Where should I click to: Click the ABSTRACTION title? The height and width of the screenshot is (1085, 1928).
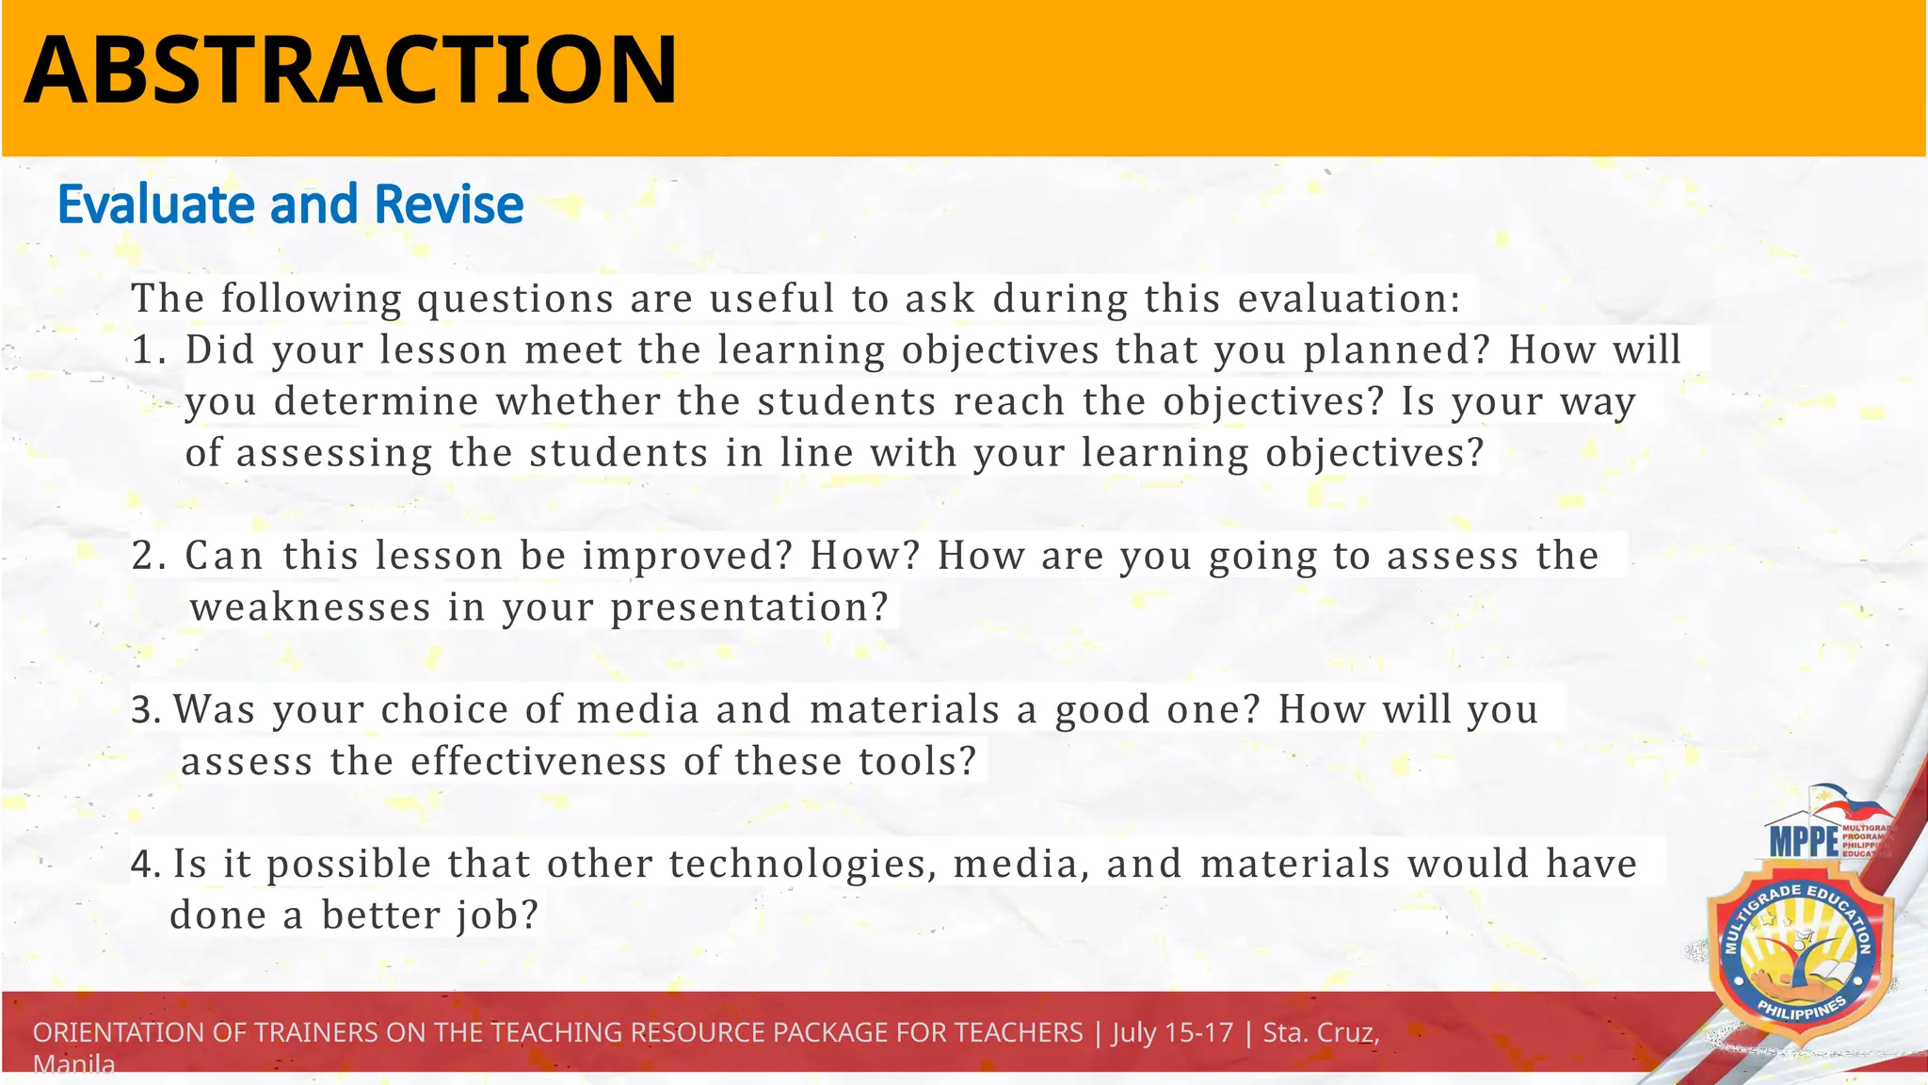tap(350, 70)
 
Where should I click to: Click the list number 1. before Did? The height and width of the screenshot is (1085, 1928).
tap(149, 350)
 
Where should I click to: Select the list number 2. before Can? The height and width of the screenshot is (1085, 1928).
tap(149, 556)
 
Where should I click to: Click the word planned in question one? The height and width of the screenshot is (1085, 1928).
tap(1397, 350)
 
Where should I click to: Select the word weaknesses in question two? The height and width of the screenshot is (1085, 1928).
tap(311, 607)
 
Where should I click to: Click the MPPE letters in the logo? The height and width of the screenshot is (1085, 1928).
tap(1803, 841)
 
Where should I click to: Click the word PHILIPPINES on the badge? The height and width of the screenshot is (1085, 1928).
tap(1802, 1012)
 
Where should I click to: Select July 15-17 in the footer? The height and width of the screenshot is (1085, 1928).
tap(1172, 1032)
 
